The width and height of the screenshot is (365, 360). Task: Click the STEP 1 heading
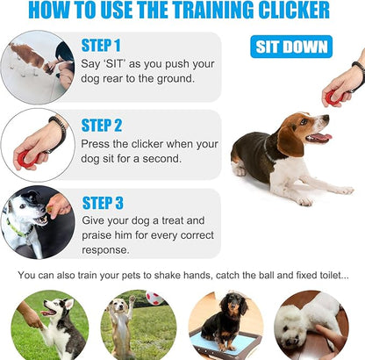(101, 45)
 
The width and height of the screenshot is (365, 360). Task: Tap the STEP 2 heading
(102, 125)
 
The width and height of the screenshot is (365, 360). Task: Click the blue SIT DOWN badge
(291, 47)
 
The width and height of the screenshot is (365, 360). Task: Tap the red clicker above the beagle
(334, 95)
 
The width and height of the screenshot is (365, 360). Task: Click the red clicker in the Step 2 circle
(24, 158)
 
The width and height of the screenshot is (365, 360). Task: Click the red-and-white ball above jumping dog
(154, 298)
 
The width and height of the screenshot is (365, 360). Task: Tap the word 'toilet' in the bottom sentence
(328, 276)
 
